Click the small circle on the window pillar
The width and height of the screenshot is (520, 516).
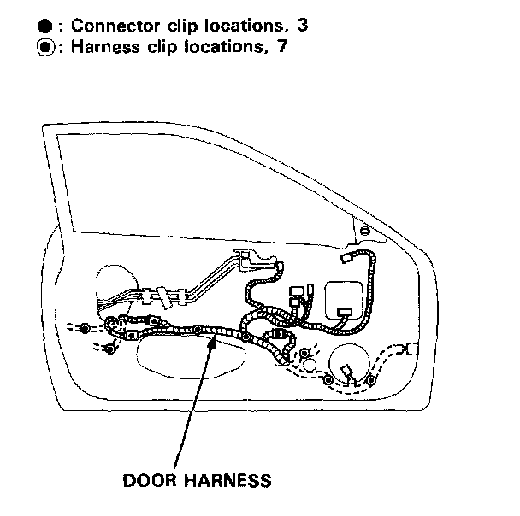point(366,231)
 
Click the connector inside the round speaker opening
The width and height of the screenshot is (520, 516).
point(349,372)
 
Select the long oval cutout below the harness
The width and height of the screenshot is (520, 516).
point(186,354)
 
